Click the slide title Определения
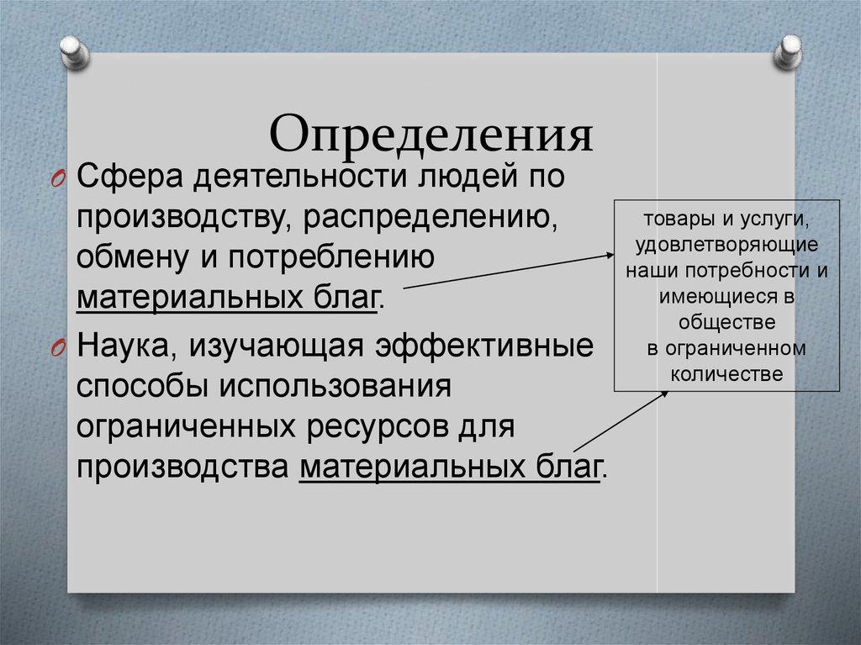pyautogui.click(x=430, y=135)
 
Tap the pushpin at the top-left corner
pyautogui.click(x=76, y=51)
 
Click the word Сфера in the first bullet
pyautogui.click(x=127, y=179)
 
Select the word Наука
pyautogui.click(x=125, y=347)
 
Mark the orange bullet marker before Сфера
pyautogui.click(x=56, y=179)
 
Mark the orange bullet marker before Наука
pyautogui.click(x=56, y=348)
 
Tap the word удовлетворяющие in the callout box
pyautogui.click(x=726, y=246)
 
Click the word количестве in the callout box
pyautogui.click(x=726, y=373)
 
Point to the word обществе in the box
pyautogui.click(x=726, y=322)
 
